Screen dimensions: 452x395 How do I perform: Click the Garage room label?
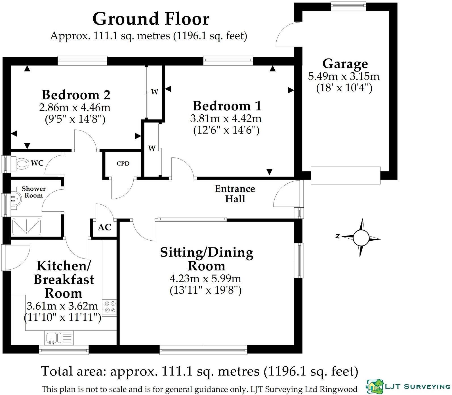(345, 64)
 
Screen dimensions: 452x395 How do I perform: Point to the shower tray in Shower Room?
(27, 226)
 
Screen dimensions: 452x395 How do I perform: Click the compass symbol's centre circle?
(361, 238)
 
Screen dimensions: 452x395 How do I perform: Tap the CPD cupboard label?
(123, 163)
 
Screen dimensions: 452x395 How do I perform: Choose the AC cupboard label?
(104, 227)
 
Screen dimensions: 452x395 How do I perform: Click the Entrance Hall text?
(235, 194)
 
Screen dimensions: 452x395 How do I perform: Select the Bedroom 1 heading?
(227, 106)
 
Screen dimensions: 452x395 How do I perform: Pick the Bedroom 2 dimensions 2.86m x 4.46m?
(75, 108)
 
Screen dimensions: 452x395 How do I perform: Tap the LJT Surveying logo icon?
(375, 386)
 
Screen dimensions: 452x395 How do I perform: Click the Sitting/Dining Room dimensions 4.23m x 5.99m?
(205, 279)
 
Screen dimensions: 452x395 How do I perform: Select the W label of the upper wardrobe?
(154, 92)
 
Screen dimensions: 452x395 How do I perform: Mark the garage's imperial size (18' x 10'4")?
(344, 88)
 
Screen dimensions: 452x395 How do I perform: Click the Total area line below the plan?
(200, 371)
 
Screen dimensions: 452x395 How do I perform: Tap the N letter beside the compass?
(337, 236)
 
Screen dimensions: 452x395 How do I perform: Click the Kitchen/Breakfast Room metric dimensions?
(62, 306)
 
